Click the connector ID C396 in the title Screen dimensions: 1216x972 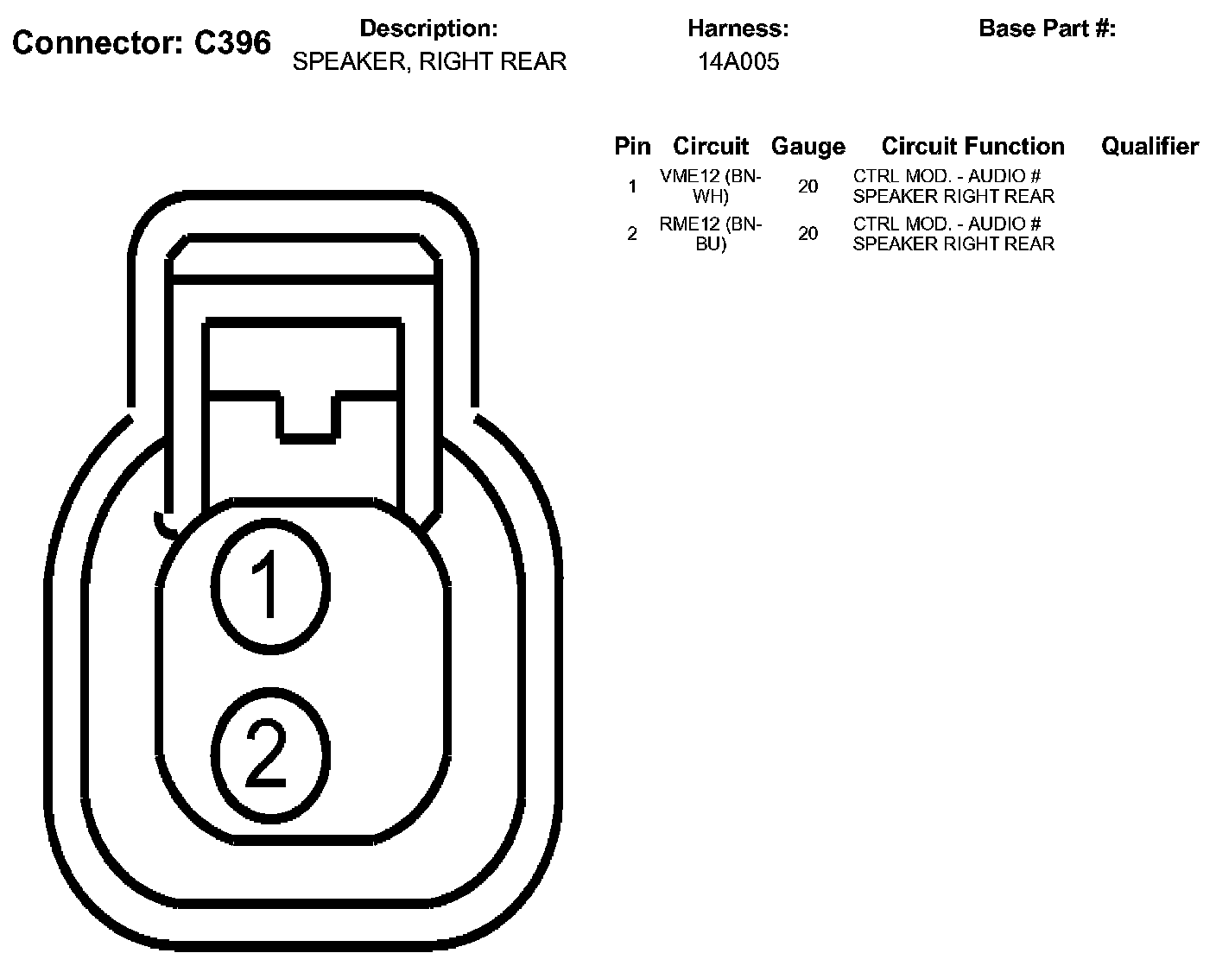coord(232,42)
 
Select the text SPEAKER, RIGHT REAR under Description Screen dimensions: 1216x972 coord(429,61)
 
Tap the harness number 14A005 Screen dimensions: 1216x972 coord(738,61)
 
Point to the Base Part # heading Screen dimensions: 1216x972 coord(1047,28)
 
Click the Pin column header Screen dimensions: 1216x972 coord(632,146)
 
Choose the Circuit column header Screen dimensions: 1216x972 coord(711,146)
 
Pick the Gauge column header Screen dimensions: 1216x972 coord(807,146)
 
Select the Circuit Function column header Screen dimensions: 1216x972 coord(972,146)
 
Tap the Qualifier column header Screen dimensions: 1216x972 coord(1149,146)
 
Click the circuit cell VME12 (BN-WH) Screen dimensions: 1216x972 coord(711,186)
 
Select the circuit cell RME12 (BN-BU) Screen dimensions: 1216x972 coord(711,234)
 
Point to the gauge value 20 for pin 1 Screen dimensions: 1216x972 coord(807,186)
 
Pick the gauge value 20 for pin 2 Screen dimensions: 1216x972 coord(807,234)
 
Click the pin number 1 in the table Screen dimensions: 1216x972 coord(632,186)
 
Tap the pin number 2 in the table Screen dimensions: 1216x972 coord(632,234)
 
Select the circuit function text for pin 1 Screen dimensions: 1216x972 coord(953,186)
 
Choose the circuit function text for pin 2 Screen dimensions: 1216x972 coord(953,234)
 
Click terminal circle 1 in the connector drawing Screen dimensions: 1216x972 coord(270,583)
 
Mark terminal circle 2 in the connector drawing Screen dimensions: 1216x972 coord(270,743)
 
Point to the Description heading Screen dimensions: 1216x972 coord(428,28)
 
